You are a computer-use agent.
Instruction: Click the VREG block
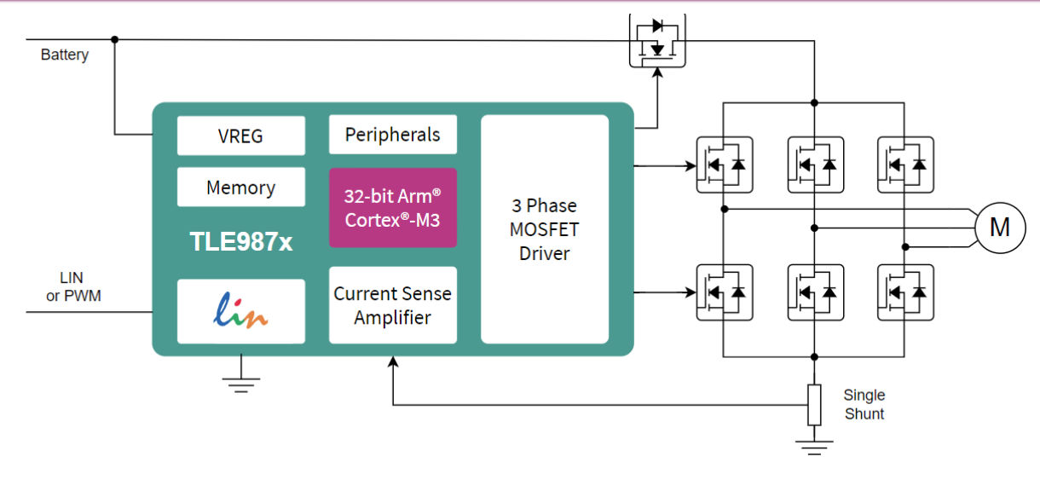240,136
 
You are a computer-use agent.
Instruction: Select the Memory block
240,188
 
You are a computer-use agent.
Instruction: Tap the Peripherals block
392,135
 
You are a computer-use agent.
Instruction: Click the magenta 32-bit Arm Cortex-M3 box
392,207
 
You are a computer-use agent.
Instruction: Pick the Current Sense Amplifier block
392,305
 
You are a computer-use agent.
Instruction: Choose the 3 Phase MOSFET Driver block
545,229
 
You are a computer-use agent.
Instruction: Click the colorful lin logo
240,311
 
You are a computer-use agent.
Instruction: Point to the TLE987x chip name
240,242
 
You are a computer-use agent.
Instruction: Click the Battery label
65,55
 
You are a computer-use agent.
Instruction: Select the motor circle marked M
999,228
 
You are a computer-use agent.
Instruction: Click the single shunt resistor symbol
814,404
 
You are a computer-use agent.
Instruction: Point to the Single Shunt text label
864,404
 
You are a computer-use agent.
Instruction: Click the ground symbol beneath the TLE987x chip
242,384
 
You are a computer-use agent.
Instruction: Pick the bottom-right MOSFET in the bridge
905,292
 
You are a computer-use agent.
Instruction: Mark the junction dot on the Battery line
115,39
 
